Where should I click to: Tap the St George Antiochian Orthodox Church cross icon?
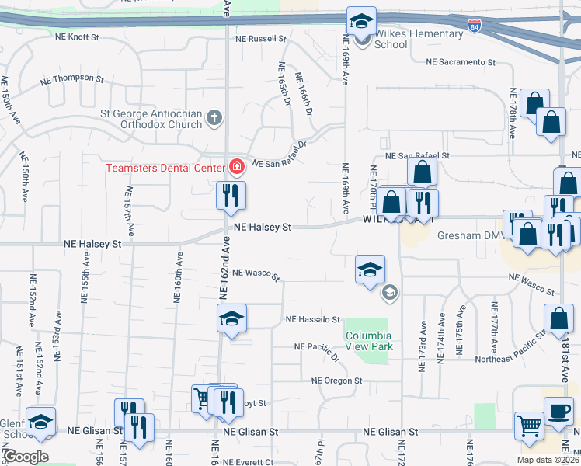tap(215, 119)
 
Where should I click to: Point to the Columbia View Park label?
tap(368, 341)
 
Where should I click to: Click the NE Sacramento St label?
tap(460, 61)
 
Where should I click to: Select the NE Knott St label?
tap(78, 37)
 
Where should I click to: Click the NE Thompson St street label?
tap(73, 78)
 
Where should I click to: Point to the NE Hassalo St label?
tap(313, 319)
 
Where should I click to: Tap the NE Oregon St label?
tap(337, 381)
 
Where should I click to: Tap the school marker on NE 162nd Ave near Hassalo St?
tap(231, 318)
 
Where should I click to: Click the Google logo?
tap(25, 457)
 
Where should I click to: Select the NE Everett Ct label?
tap(248, 461)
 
